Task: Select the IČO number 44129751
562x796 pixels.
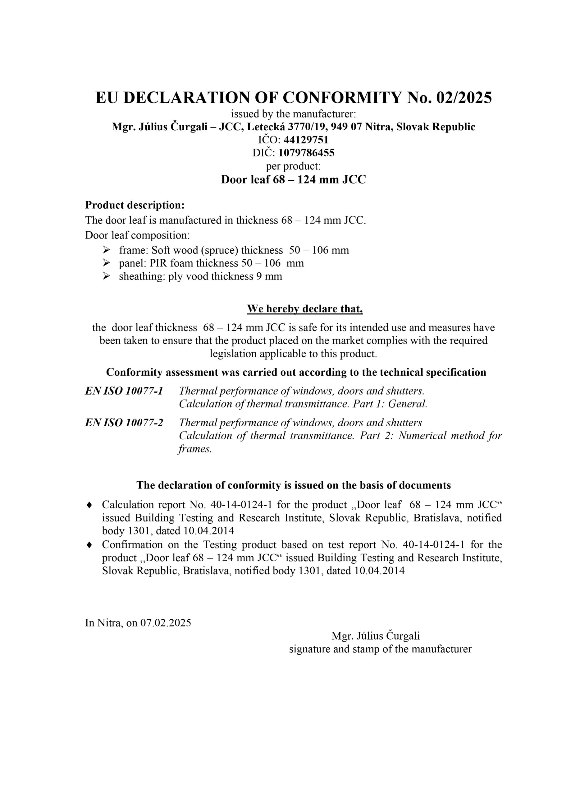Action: (306, 140)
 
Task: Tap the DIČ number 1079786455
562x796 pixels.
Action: (306, 153)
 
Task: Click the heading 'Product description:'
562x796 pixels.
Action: (135, 205)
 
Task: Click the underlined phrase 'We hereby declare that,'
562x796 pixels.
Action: (305, 308)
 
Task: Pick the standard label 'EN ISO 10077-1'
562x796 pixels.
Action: (124, 391)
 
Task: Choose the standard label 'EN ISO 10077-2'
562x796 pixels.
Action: (124, 423)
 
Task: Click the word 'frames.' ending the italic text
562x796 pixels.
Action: (195, 449)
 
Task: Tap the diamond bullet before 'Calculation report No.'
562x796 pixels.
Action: (89, 505)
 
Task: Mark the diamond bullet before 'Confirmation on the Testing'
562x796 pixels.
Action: (89, 545)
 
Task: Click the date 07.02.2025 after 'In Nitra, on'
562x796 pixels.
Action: (166, 623)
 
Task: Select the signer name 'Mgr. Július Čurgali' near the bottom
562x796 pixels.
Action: (376, 636)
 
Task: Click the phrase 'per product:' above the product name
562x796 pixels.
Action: (293, 166)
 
